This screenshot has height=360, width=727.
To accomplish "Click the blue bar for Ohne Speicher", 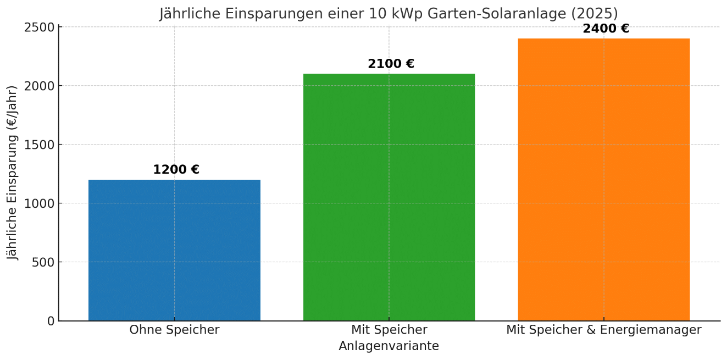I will point(174,250).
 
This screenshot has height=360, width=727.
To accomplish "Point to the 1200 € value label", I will point(176,170).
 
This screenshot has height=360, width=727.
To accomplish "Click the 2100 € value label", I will point(391,64).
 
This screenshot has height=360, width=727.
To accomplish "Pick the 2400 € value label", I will point(606,29).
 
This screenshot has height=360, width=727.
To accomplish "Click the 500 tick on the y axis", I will point(43,262).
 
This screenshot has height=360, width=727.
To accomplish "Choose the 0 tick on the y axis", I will point(51,321).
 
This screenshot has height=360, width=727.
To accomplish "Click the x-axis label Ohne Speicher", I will point(174,330).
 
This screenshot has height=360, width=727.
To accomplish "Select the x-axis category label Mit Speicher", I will point(389,330).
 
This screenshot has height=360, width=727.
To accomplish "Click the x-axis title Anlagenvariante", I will point(389,346).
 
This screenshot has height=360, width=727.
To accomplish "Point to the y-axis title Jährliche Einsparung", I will point(13,173).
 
